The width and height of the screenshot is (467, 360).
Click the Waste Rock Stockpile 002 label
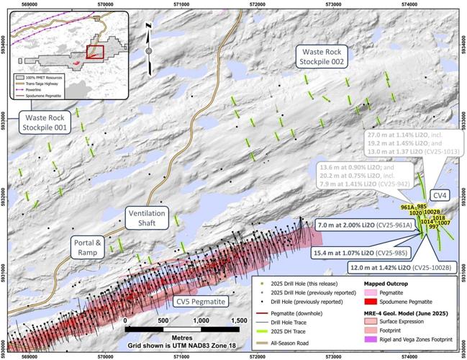(321, 57)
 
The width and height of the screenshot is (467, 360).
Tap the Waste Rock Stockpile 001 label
(45, 123)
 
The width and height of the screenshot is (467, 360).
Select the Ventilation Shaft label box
(147, 218)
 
